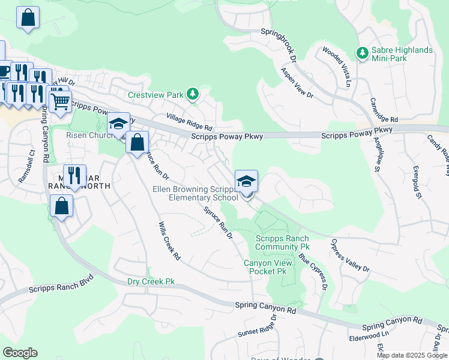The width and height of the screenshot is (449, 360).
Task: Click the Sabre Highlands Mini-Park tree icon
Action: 362,53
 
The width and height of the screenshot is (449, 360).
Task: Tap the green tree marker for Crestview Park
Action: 192,94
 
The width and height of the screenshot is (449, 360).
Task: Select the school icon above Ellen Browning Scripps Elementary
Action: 246,181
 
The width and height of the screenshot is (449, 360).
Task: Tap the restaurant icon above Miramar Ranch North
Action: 74,175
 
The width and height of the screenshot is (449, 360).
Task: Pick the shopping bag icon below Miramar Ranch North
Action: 62,206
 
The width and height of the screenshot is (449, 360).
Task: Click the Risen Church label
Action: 85,135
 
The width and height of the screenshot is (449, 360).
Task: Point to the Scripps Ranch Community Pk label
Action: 282,242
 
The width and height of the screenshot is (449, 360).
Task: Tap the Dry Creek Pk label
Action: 151,281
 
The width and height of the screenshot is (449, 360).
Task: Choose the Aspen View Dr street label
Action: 297,82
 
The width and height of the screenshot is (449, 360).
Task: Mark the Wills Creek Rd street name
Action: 169,240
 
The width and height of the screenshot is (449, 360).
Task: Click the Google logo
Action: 20,353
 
